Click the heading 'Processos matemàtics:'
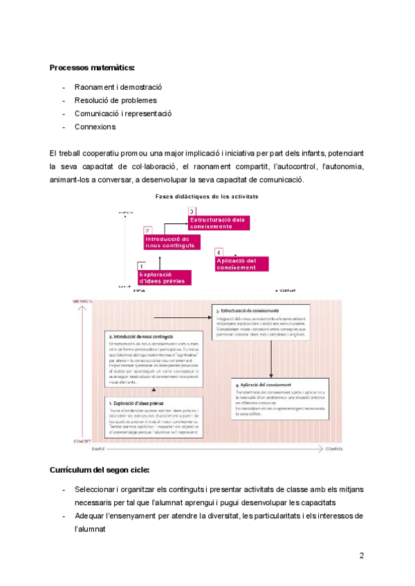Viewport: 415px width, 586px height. click(92, 67)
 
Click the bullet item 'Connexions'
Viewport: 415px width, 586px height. click(95, 126)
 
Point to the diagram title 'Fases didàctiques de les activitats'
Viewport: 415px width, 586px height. click(207, 196)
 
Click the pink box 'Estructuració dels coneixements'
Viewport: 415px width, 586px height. click(218, 223)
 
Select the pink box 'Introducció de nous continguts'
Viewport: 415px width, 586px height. click(171, 242)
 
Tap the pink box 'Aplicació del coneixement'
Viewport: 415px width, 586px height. click(237, 264)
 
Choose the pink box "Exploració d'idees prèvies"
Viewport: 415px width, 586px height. click(163, 278)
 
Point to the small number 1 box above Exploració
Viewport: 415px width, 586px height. click(141, 265)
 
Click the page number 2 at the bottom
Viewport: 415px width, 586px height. click(361, 555)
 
